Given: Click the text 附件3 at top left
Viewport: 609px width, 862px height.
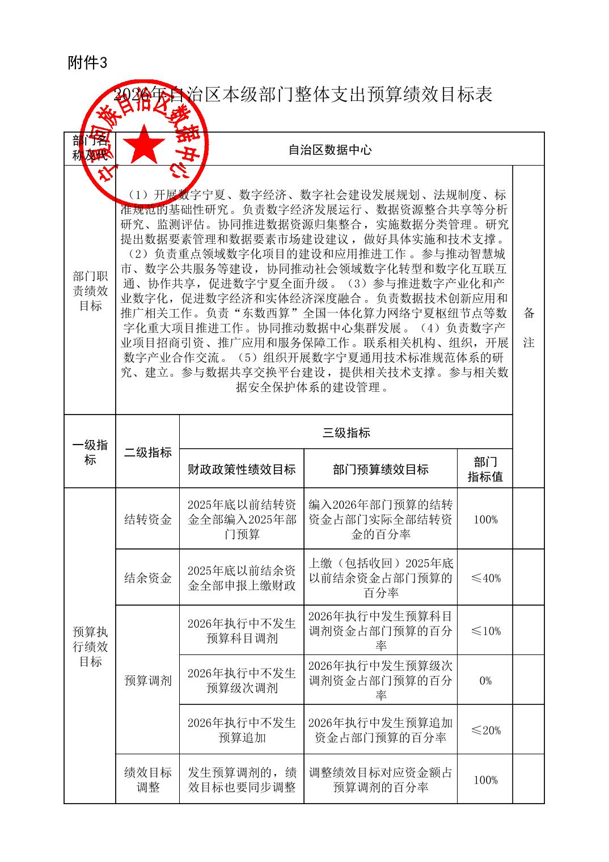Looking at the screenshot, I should pos(87,63).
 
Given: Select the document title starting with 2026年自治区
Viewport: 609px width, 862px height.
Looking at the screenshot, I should pos(303,94).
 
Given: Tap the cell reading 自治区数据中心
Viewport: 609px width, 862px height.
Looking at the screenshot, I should pos(330,150).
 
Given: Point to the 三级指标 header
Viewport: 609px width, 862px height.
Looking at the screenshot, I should pos(346,433).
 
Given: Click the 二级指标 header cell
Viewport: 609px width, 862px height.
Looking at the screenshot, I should pos(147,452).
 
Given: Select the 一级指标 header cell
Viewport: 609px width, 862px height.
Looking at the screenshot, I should pos(90,452).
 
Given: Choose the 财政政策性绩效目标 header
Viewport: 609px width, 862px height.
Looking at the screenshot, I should pos(242,469).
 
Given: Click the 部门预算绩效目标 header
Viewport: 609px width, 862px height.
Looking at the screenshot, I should pos(380,469).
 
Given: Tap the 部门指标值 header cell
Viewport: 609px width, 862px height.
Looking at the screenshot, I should pos(485,469).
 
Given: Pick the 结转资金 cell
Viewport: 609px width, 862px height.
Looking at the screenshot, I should pos(147,519).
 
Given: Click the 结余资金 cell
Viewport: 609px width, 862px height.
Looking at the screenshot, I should pos(147,578).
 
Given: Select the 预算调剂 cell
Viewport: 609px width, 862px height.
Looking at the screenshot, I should pos(147,681).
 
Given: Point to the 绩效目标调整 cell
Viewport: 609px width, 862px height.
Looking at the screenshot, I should pos(147,779).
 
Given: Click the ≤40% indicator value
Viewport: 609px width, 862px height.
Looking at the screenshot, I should pos(485,578).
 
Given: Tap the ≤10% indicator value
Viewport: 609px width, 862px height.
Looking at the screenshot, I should pos(485,631).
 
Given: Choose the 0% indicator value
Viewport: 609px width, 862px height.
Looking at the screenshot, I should pos(485,681).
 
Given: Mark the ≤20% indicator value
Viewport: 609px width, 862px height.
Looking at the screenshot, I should pos(485,730).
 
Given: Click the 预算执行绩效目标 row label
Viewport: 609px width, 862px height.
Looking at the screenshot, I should pos(90,646).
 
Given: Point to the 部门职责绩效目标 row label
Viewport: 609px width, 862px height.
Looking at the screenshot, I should pos(90,291).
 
